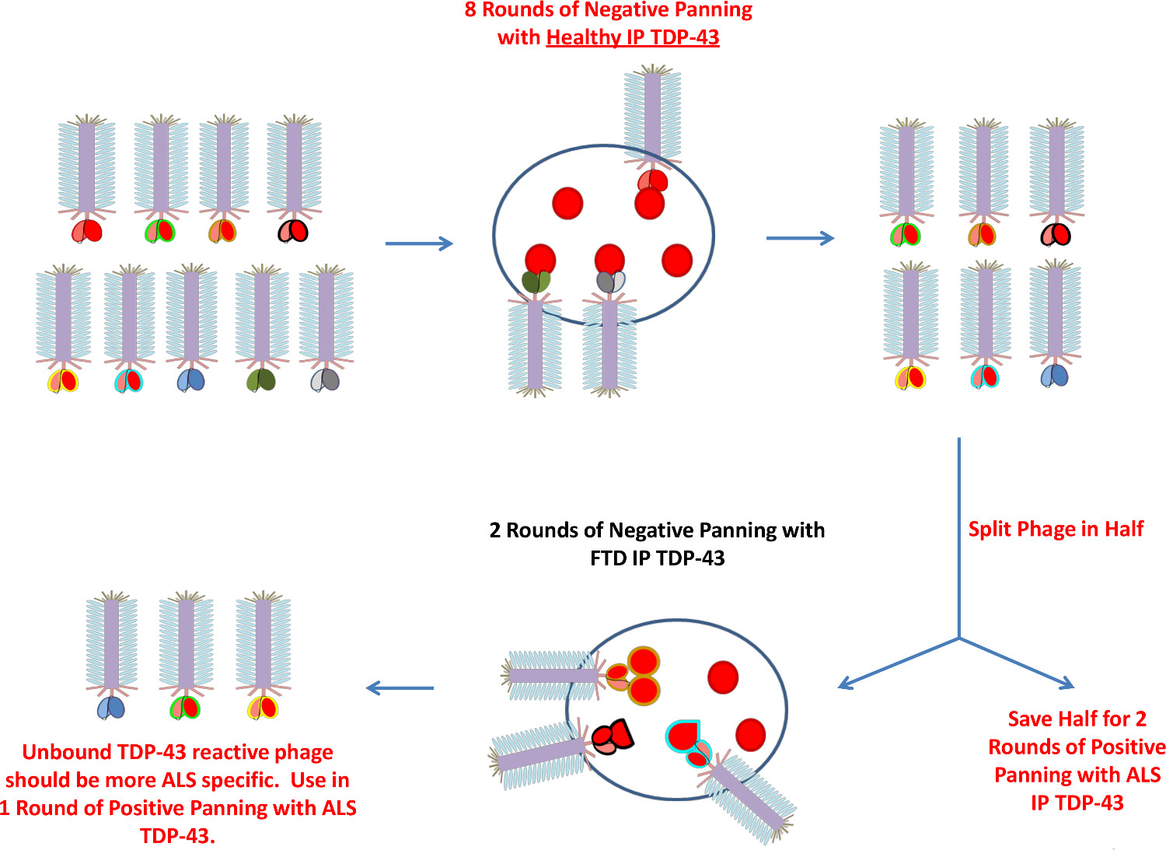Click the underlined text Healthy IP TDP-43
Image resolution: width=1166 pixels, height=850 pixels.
click(x=632, y=37)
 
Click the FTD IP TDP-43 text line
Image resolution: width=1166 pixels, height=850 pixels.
click(x=657, y=558)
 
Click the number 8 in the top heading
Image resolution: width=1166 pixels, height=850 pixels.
click(x=470, y=10)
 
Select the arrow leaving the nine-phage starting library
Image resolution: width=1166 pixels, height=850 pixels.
click(x=418, y=243)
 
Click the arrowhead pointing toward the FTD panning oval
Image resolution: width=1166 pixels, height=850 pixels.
click(x=847, y=684)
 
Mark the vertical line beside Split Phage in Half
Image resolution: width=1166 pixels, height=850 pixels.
click(x=959, y=537)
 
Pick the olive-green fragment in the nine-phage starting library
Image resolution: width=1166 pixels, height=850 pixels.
click(x=260, y=380)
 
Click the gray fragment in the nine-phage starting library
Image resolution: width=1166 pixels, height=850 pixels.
click(x=325, y=380)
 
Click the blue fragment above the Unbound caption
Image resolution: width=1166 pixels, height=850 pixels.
click(x=111, y=707)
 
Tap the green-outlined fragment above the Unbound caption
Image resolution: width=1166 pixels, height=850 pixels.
click(x=185, y=708)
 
